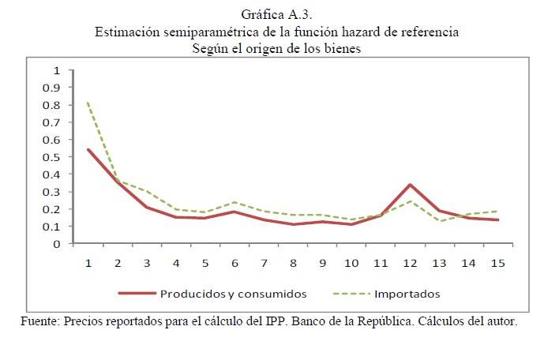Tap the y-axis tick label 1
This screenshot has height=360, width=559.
tap(57, 70)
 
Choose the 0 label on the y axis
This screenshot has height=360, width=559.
tap(57, 244)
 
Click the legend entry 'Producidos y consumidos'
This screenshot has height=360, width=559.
tap(233, 294)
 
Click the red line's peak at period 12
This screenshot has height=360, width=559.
tap(410, 185)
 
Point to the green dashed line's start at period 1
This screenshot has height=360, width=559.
tap(88, 102)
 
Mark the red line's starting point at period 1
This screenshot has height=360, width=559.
tap(88, 149)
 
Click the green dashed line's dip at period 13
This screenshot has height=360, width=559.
tap(439, 221)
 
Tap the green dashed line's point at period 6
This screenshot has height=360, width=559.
tap(234, 203)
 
